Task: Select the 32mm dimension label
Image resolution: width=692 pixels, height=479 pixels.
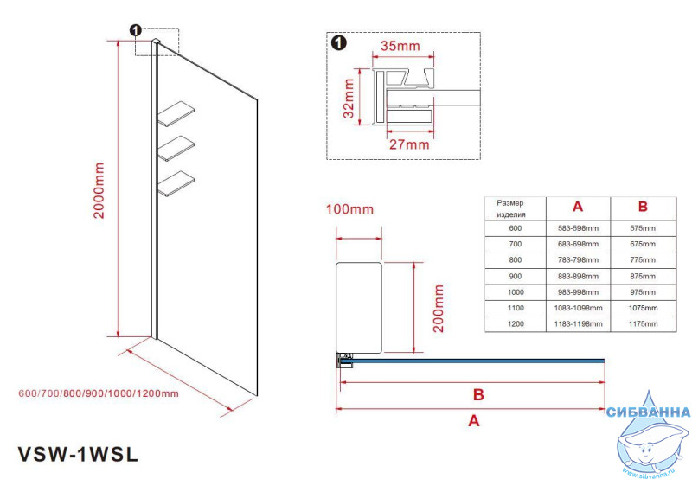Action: [x=349, y=98]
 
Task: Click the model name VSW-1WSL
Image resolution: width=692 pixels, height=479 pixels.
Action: [x=78, y=453]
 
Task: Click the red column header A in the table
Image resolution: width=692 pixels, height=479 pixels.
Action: [x=578, y=208]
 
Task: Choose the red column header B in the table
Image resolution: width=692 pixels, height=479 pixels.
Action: [x=643, y=208]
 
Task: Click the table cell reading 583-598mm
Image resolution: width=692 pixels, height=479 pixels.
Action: [x=578, y=228]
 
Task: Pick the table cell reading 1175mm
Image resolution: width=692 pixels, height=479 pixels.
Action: [x=643, y=323]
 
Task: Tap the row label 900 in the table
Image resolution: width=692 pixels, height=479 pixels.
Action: [x=516, y=276]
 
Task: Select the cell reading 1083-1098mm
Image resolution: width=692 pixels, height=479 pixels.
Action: [x=578, y=308]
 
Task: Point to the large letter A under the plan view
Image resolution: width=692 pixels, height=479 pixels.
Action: [x=473, y=421]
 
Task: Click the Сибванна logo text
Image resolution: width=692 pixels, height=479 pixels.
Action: [x=649, y=413]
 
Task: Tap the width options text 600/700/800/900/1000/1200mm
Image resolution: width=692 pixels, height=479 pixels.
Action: [x=98, y=393]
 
